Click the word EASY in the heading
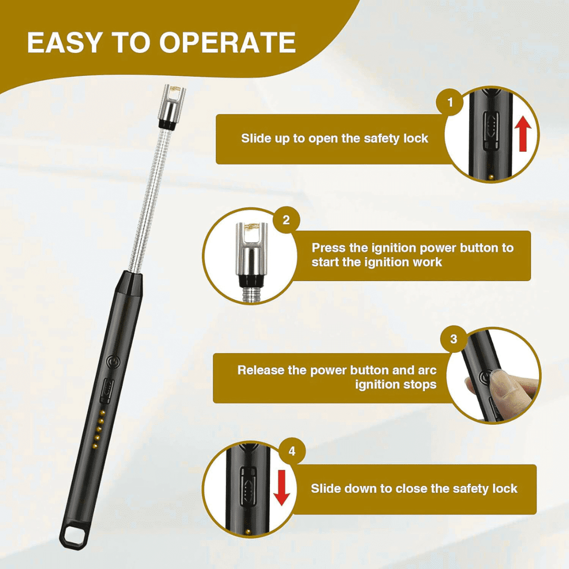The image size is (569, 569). point(64,43)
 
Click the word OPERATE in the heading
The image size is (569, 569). point(228,43)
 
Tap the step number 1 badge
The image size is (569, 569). point(450,102)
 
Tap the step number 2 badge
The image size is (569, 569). point(286,220)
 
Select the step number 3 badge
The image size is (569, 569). point(454,339)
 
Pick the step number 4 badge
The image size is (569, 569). point(292,451)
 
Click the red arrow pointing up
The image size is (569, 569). point(523,133)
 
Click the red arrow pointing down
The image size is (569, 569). point(281,488)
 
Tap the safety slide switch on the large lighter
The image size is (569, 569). point(107,391)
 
